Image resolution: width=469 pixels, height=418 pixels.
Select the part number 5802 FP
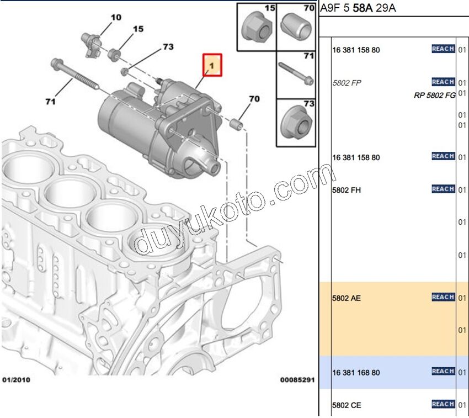click(x=347, y=83)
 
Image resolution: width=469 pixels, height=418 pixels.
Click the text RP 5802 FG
click(x=434, y=95)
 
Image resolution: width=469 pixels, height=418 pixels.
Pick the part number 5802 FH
click(x=347, y=191)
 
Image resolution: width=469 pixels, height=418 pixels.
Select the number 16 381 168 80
click(x=356, y=373)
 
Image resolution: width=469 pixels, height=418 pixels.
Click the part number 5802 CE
click(x=347, y=405)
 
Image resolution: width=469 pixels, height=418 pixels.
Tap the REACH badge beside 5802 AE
click(x=443, y=298)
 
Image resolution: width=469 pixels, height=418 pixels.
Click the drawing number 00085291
click(x=297, y=380)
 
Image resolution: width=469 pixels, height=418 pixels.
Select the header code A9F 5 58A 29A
click(x=358, y=8)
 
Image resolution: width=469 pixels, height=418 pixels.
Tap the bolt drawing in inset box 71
click(x=296, y=73)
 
